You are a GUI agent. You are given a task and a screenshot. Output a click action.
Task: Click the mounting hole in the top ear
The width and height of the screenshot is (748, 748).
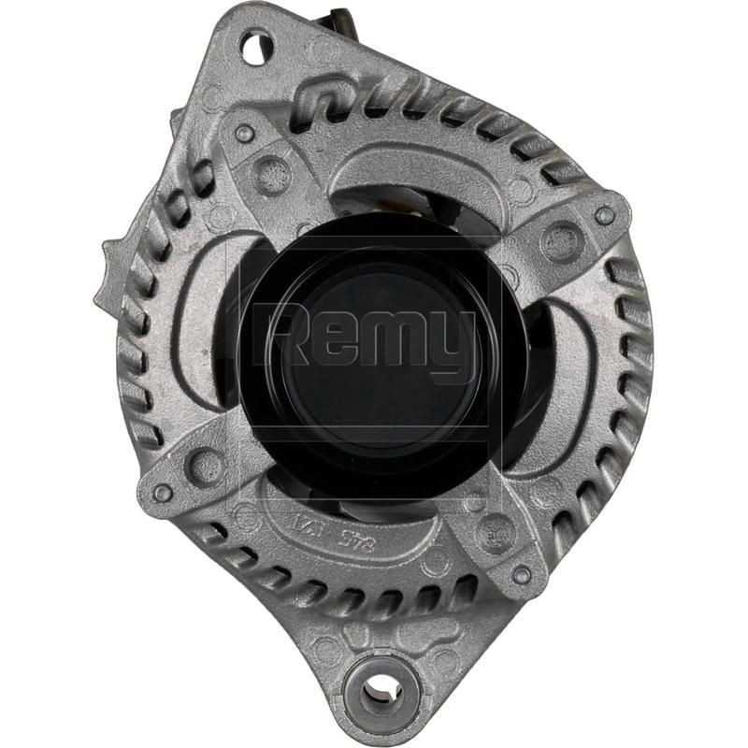(x=256, y=46)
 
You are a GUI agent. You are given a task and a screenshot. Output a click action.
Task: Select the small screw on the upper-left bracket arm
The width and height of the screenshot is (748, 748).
(x=244, y=133)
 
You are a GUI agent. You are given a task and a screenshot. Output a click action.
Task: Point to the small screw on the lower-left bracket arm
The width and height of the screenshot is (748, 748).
(x=162, y=493)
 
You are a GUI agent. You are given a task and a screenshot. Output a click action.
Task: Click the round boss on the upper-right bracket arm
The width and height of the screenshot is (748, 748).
(x=561, y=244)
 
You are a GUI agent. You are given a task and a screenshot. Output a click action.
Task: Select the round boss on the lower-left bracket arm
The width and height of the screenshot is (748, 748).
(x=204, y=464)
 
